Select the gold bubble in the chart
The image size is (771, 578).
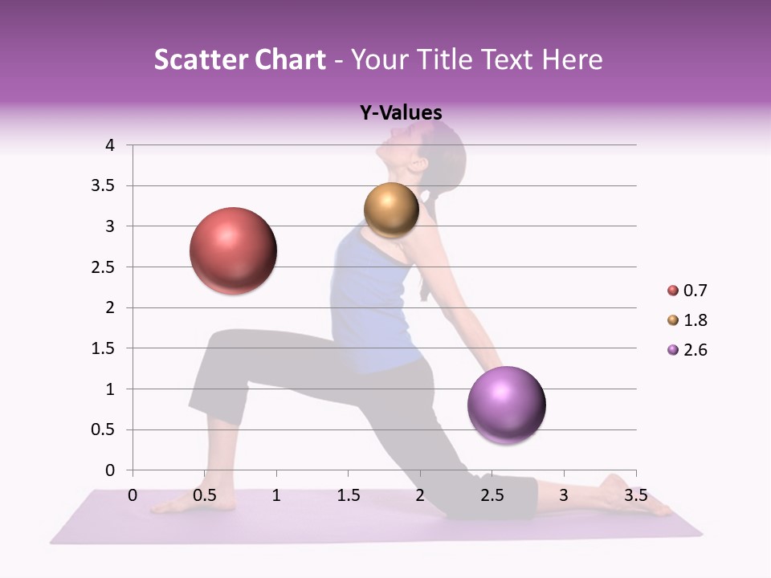click(x=391, y=210)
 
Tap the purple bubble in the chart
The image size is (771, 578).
click(x=506, y=405)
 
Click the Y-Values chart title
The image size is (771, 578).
click(x=401, y=113)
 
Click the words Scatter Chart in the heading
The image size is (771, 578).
click(x=240, y=59)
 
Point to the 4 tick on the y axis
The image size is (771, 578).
click(x=110, y=145)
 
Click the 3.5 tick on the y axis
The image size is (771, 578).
click(x=103, y=185)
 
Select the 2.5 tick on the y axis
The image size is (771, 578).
click(x=103, y=267)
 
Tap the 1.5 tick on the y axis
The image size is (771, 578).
click(x=103, y=348)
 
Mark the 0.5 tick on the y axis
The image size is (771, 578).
click(x=103, y=429)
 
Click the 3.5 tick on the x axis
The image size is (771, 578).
click(x=635, y=495)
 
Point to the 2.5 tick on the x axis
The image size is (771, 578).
click(x=492, y=495)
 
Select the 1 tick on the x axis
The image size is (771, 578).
click(x=276, y=495)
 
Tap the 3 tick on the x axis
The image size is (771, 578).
click(x=564, y=495)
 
